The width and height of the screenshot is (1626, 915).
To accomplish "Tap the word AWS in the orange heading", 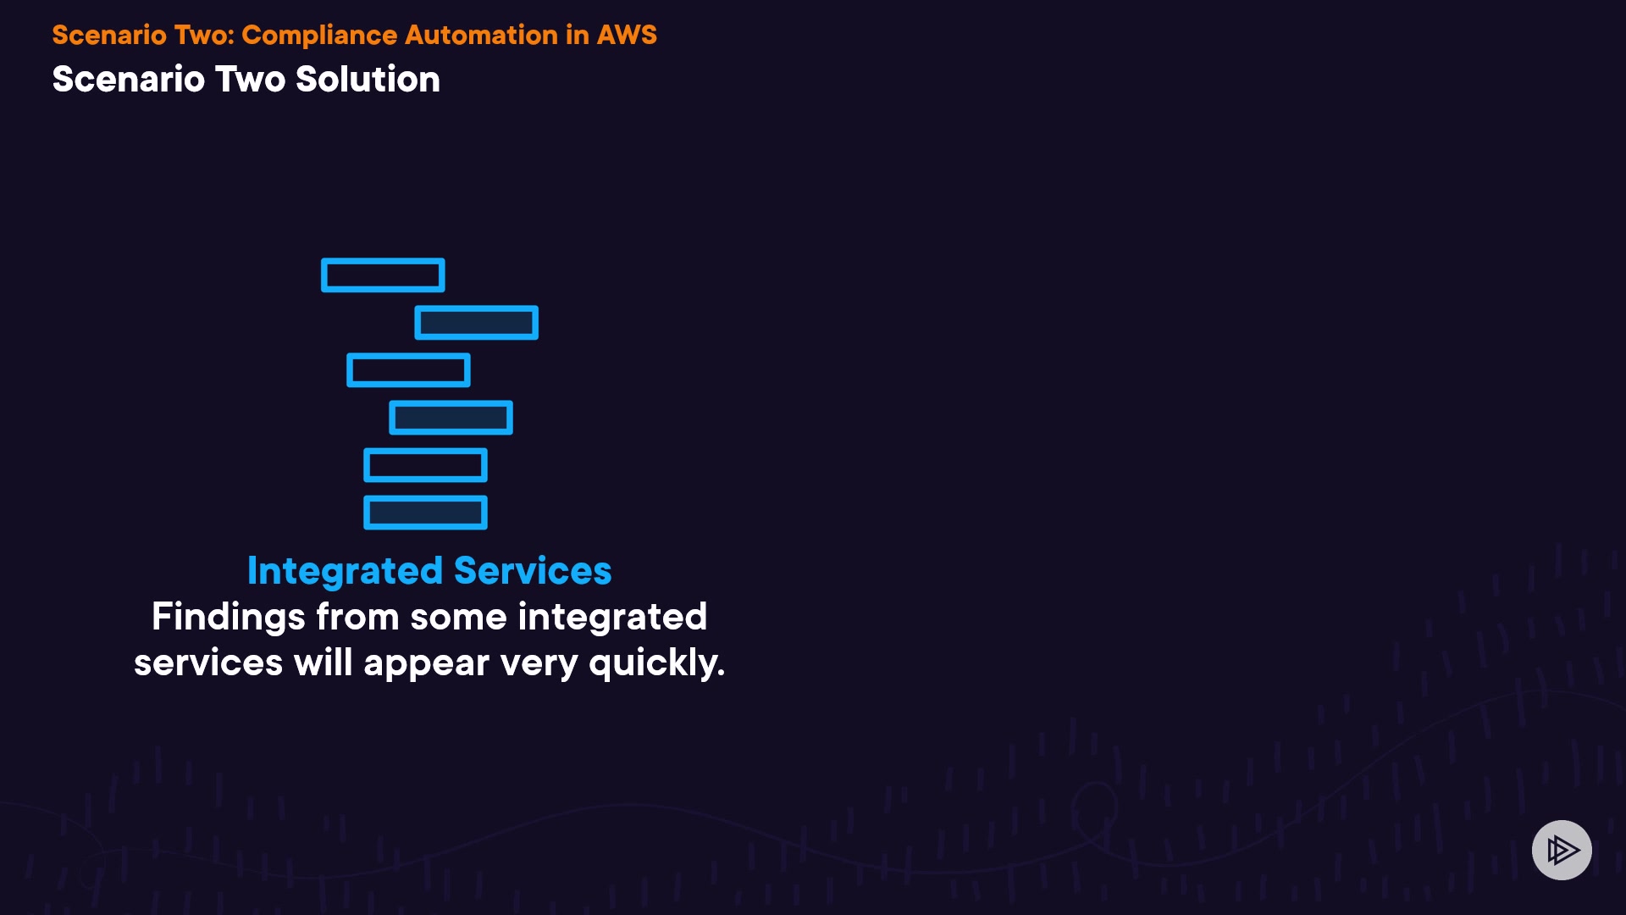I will [x=627, y=35].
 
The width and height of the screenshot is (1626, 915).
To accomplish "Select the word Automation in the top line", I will [x=481, y=35].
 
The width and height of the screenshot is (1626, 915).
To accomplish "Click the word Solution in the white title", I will [x=368, y=80].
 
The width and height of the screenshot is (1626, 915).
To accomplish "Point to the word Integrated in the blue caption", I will [x=345, y=571].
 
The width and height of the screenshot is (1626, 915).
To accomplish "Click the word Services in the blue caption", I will [x=533, y=571].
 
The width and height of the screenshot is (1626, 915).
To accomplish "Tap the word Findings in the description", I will [x=228, y=617].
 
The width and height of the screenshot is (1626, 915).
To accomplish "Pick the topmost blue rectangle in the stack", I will [x=383, y=275].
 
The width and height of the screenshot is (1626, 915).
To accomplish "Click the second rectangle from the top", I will [x=476, y=323].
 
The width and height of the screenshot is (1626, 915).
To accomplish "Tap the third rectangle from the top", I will [x=408, y=370].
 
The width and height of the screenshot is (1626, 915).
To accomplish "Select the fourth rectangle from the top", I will [x=451, y=418].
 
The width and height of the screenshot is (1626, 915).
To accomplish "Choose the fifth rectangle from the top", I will [x=425, y=465].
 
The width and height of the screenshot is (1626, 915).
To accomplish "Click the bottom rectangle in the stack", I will [x=425, y=513].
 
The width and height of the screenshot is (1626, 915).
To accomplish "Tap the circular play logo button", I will [x=1562, y=850].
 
